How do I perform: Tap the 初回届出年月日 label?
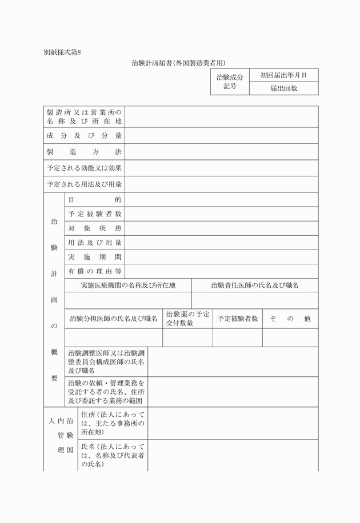point(284,75)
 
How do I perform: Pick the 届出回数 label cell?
point(284,88)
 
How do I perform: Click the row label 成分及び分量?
point(85,136)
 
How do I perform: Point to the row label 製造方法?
point(85,152)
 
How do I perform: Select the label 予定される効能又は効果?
point(85,168)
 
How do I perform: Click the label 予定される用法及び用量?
point(85,185)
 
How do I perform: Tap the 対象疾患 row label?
point(94,228)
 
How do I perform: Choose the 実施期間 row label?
point(94,257)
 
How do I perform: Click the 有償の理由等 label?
point(94,271)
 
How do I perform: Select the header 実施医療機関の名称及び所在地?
point(128,285)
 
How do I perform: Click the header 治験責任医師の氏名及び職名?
point(255,285)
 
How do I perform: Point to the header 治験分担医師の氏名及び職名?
point(113,319)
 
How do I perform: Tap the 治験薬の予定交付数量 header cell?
point(187,319)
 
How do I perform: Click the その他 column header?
point(290,319)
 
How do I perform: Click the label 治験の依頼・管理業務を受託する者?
point(106,392)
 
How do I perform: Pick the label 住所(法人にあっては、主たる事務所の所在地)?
point(113,423)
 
